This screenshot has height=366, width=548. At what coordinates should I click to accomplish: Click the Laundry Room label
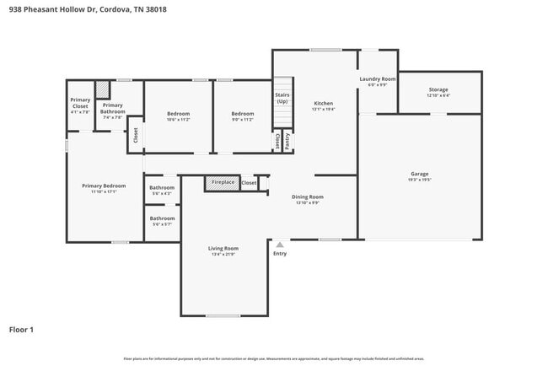pyautogui.click(x=377, y=81)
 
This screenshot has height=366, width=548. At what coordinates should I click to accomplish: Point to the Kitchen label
pyautogui.click(x=324, y=105)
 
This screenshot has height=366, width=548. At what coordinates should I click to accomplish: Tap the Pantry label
pyautogui.click(x=287, y=142)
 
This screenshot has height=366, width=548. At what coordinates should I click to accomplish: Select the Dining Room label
pyautogui.click(x=309, y=199)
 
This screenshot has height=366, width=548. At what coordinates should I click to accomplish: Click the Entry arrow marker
pyautogui.click(x=280, y=245)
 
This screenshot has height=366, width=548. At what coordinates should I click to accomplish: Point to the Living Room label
pyautogui.click(x=223, y=250)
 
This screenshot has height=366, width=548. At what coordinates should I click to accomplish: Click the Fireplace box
pyautogui.click(x=223, y=182)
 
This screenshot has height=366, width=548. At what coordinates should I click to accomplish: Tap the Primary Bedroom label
pyautogui.click(x=104, y=188)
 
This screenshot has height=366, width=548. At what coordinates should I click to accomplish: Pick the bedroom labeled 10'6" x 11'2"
pyautogui.click(x=178, y=116)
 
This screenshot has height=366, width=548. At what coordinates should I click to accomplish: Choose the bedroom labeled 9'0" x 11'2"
pyautogui.click(x=243, y=116)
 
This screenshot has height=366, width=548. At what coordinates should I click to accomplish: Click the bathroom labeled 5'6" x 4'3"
pyautogui.click(x=161, y=190)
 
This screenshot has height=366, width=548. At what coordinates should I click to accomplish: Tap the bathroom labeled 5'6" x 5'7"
pyautogui.click(x=161, y=221)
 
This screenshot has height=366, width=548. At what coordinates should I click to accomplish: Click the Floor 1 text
pyautogui.click(x=21, y=329)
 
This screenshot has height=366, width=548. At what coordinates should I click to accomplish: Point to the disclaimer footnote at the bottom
pyautogui.click(x=273, y=358)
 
